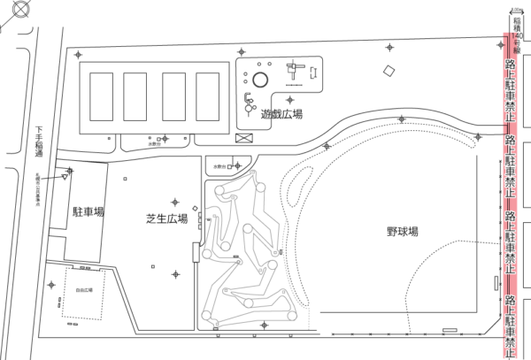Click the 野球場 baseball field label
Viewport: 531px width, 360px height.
[402, 232]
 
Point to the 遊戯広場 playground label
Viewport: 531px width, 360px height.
[281, 114]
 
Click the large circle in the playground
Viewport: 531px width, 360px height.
[258, 80]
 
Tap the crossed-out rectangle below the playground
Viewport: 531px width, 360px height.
[243, 138]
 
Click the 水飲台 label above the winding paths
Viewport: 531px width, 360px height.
[219, 165]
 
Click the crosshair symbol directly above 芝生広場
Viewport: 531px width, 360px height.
[175, 203]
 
